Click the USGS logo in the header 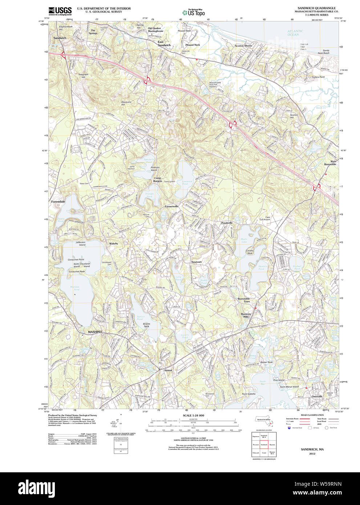click(x=60, y=11)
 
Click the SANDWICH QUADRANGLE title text click(x=316, y=8)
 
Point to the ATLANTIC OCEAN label click(x=295, y=33)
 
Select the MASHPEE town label click(x=95, y=332)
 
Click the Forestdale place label click(x=58, y=201)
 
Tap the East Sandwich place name click(x=164, y=44)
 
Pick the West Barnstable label click(x=330, y=163)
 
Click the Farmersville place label click(x=171, y=206)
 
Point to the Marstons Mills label click(x=246, y=315)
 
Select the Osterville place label click(x=317, y=396)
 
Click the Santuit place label click(x=168, y=370)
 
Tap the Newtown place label click(x=197, y=262)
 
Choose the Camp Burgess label click(x=157, y=179)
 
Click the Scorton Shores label click(x=243, y=46)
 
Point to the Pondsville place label click(x=227, y=223)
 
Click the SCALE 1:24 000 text click(x=193, y=416)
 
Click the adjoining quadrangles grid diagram click(x=264, y=444)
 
